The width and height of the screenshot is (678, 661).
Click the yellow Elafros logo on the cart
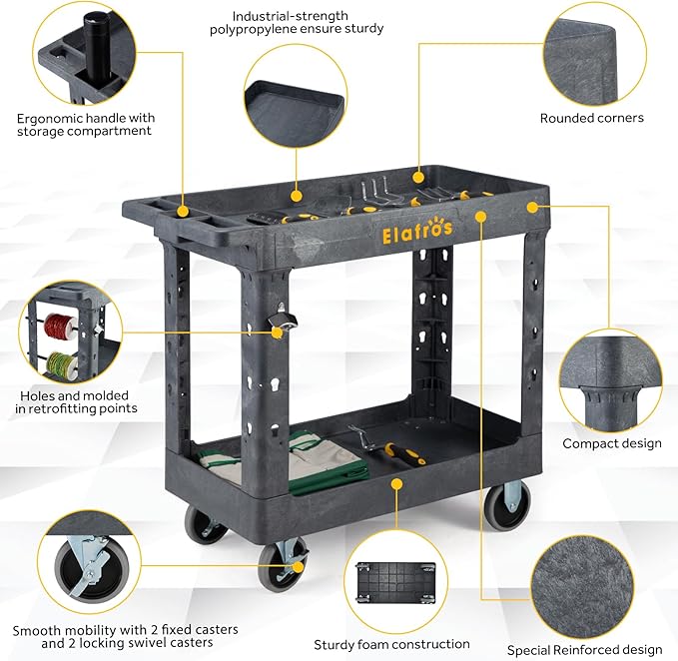417,230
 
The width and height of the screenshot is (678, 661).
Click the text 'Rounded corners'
591,118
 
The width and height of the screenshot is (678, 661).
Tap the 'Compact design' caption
612,443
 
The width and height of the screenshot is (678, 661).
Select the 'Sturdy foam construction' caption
391,645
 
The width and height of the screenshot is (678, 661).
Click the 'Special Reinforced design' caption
584,650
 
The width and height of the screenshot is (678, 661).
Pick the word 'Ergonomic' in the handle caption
49,119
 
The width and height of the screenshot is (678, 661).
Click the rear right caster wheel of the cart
507,505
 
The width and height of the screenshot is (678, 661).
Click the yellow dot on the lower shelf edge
396,483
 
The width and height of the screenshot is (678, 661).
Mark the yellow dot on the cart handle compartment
183,212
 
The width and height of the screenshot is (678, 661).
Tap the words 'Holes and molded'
74,396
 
